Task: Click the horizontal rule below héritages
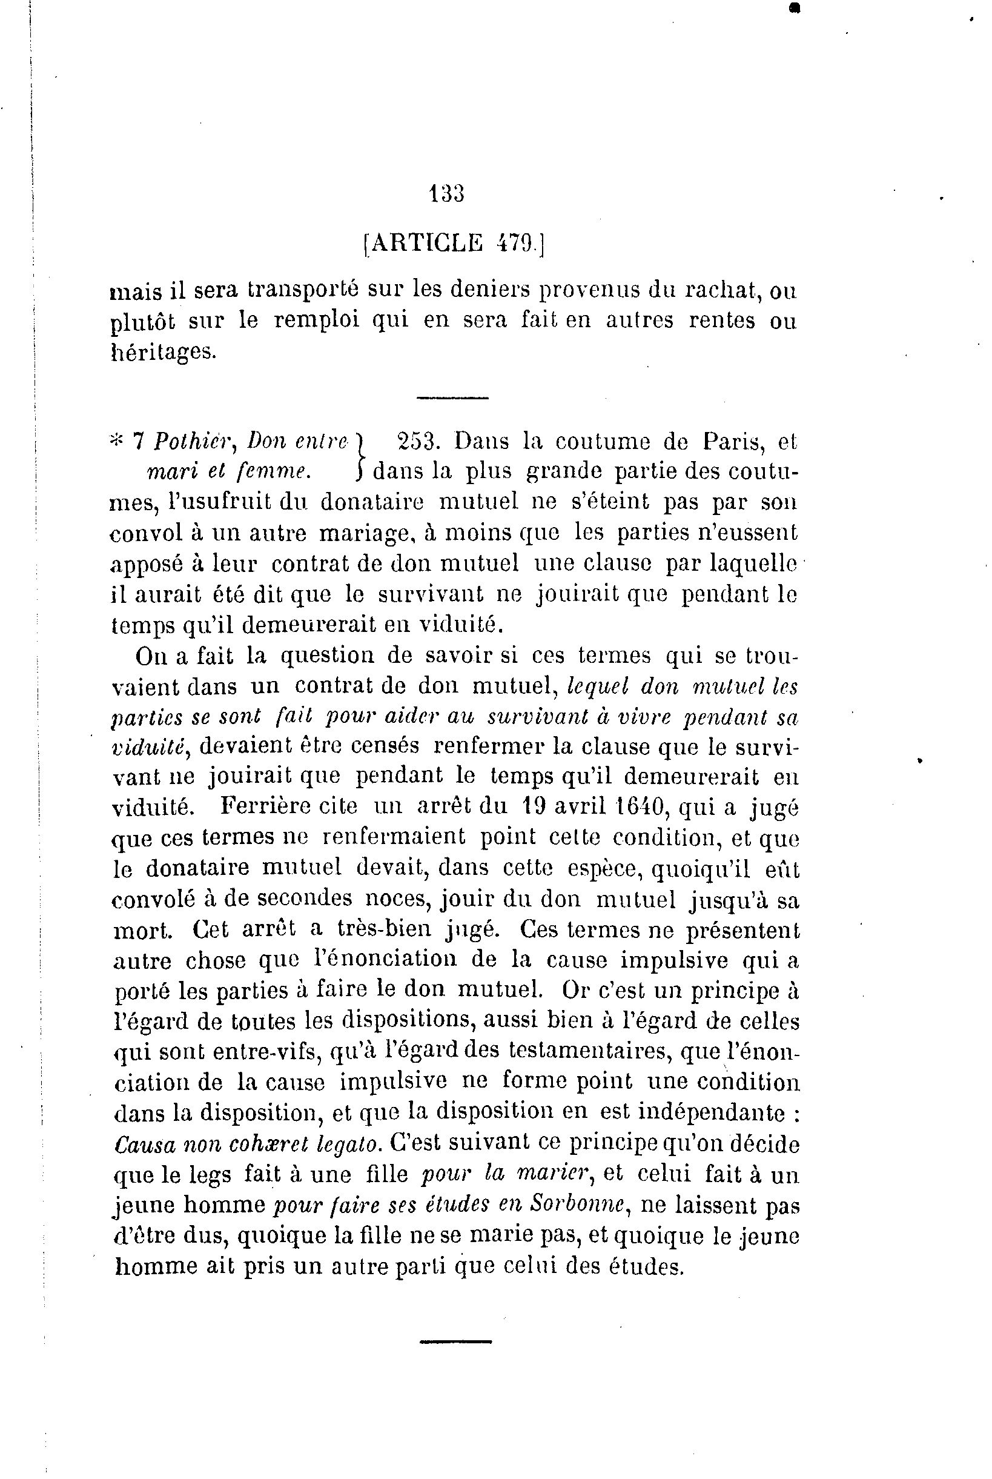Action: pos(453,397)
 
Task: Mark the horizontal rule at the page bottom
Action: pos(455,1340)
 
